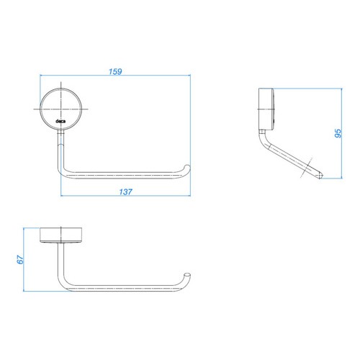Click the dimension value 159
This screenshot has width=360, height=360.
pos(115,71)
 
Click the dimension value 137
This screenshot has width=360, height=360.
pos(125,192)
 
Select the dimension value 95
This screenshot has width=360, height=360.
pos(338,133)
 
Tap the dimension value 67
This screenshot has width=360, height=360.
pos(20,259)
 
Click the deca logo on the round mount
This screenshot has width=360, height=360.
pos(60,121)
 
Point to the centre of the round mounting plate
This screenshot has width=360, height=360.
pos(61,109)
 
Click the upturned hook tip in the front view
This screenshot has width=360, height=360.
pos(187,166)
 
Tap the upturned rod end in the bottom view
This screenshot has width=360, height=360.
pos(187,275)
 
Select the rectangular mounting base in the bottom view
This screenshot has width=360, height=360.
pos(61,235)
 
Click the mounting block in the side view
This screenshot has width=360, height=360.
pos(266,109)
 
